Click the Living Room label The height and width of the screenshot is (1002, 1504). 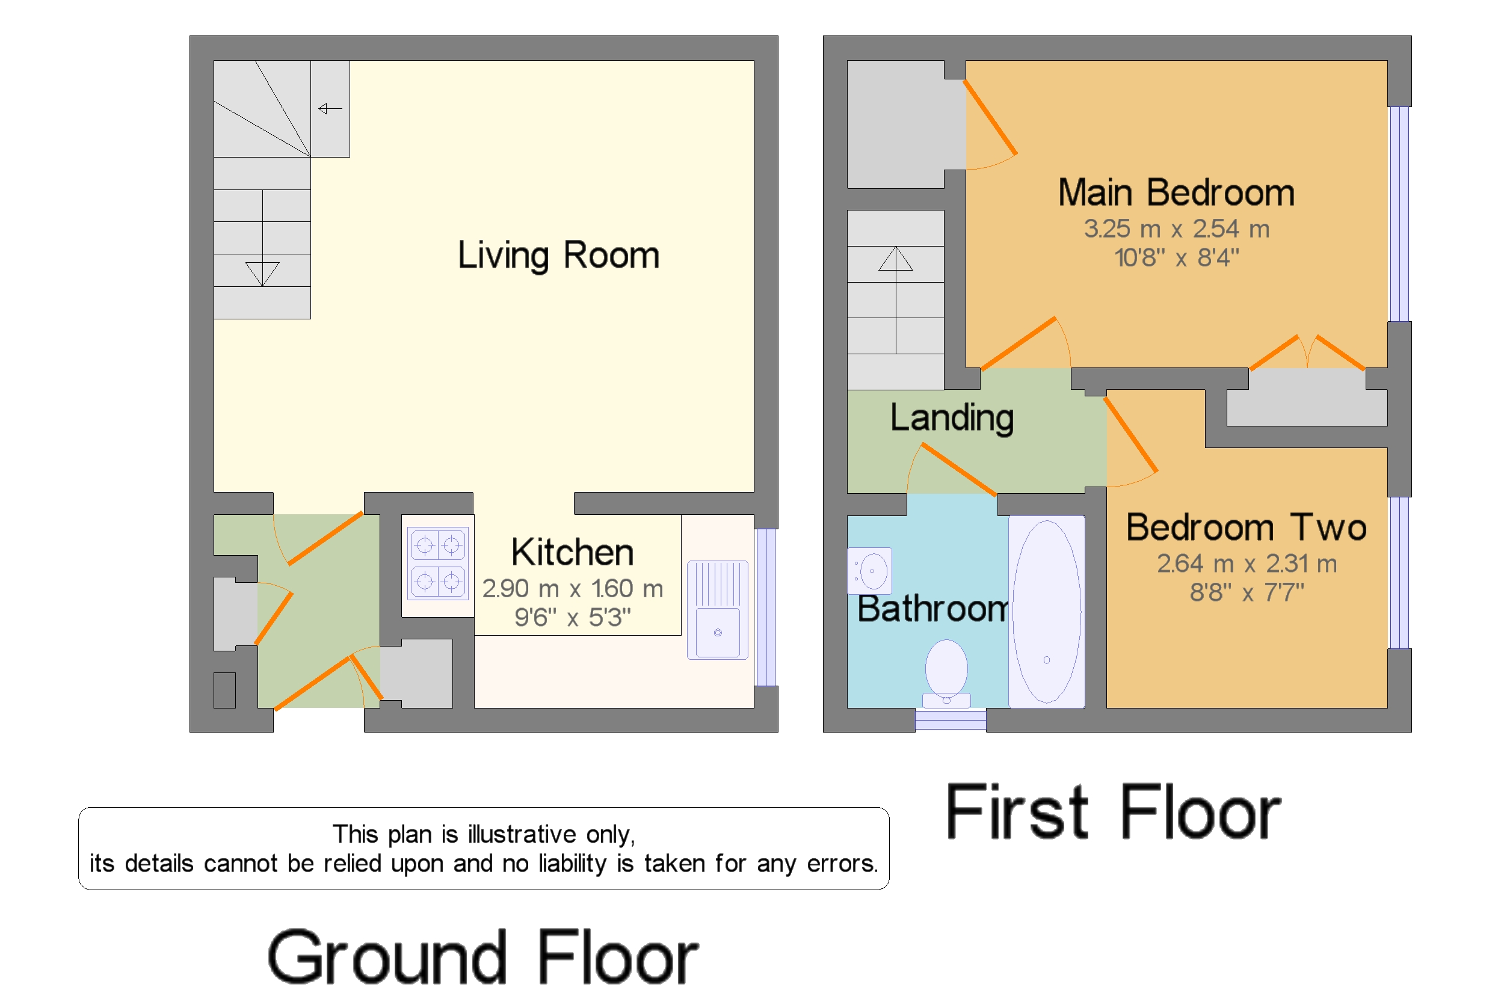558,256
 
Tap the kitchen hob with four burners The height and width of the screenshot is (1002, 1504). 438,563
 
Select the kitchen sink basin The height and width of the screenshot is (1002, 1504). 717,610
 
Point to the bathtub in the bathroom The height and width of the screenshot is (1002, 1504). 1046,612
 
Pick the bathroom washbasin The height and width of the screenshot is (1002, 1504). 869,570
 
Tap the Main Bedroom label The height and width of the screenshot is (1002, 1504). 1176,192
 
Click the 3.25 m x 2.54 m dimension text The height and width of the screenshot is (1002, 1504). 1176,228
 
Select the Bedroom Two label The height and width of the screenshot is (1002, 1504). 1246,527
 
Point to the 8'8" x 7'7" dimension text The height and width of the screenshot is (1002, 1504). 1247,592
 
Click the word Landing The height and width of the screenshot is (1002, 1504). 952,418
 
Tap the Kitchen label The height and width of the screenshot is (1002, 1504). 572,552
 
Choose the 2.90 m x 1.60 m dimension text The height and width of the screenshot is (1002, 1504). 572,588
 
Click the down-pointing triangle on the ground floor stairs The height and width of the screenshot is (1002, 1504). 262,274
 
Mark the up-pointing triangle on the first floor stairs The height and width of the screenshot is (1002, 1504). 896,259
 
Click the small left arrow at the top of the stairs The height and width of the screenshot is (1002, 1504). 330,109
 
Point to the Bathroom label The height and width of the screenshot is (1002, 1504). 932,609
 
